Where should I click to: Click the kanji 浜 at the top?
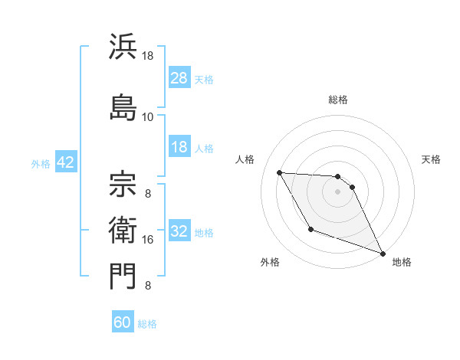pyautogui.click(x=123, y=47)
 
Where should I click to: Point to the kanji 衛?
pyautogui.click(x=123, y=227)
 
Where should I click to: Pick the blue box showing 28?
pyautogui.click(x=179, y=78)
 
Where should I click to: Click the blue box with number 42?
pyautogui.click(x=65, y=162)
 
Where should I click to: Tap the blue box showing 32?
pyautogui.click(x=179, y=232)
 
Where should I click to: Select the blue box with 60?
pyautogui.click(x=123, y=322)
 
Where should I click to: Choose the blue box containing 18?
pyautogui.click(x=179, y=147)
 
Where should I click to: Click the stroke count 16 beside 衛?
pyautogui.click(x=148, y=240)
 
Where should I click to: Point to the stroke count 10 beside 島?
pyautogui.click(x=148, y=116)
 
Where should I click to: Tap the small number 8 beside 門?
pyautogui.click(x=148, y=286)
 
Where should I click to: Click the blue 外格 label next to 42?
pyautogui.click(x=41, y=163)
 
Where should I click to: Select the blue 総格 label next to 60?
pyautogui.click(x=148, y=323)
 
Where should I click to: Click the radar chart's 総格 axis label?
pyautogui.click(x=338, y=100)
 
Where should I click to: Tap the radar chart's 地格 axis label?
pyautogui.click(x=402, y=262)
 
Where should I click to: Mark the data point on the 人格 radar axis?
pyautogui.click(x=279, y=172)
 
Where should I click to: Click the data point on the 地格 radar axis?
pyautogui.click(x=383, y=254)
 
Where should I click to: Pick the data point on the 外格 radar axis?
pyautogui.click(x=310, y=229)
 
